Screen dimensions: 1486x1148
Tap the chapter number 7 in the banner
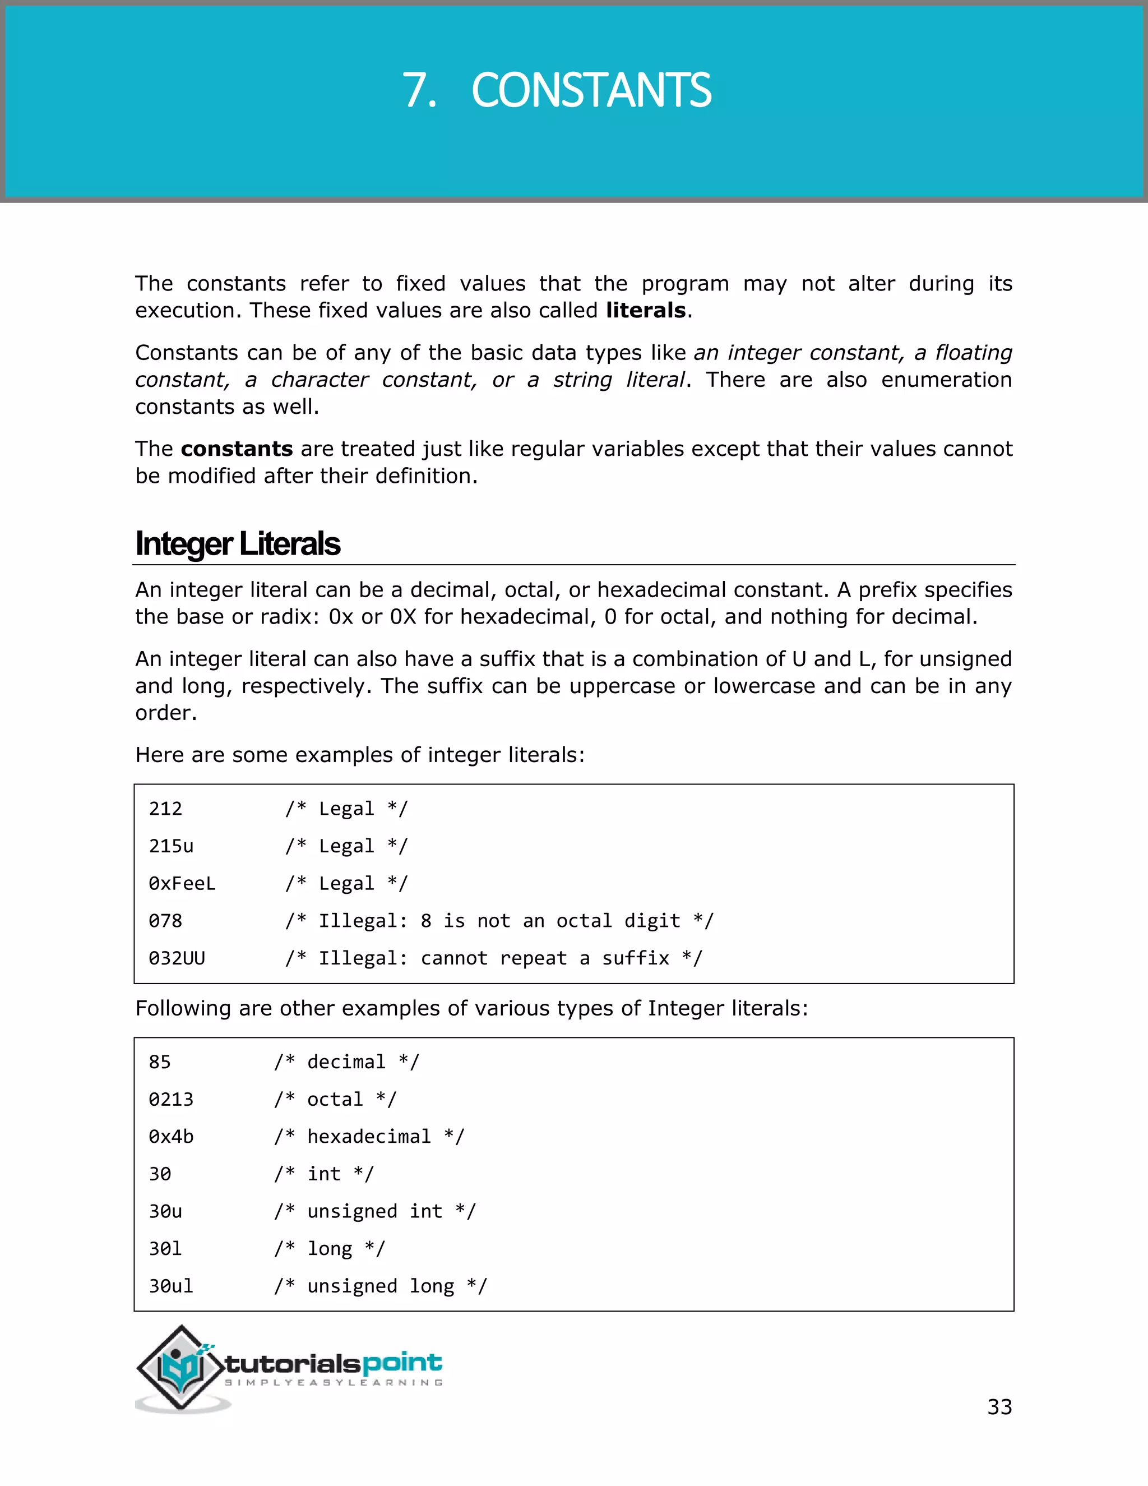click(x=418, y=90)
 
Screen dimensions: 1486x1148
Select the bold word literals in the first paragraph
click(x=645, y=310)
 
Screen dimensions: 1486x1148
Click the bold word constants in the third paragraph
click(x=237, y=449)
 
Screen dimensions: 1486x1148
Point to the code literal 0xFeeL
click(x=182, y=883)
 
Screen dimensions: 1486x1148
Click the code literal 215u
click(x=171, y=846)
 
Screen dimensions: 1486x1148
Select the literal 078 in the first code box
click(x=165, y=921)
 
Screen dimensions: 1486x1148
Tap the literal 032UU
click(x=177, y=958)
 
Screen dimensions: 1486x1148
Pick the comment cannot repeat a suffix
click(x=494, y=958)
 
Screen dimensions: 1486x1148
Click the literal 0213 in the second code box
click(x=171, y=1099)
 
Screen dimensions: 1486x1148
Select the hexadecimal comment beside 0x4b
click(x=369, y=1136)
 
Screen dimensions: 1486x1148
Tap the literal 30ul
click(x=171, y=1286)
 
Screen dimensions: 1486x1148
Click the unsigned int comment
click(x=375, y=1211)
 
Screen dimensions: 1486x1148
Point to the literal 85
click(x=160, y=1062)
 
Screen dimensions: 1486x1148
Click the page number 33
click(x=999, y=1406)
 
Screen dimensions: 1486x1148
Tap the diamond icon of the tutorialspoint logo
click(x=180, y=1368)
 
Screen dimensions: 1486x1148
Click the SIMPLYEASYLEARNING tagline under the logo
click(x=334, y=1383)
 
